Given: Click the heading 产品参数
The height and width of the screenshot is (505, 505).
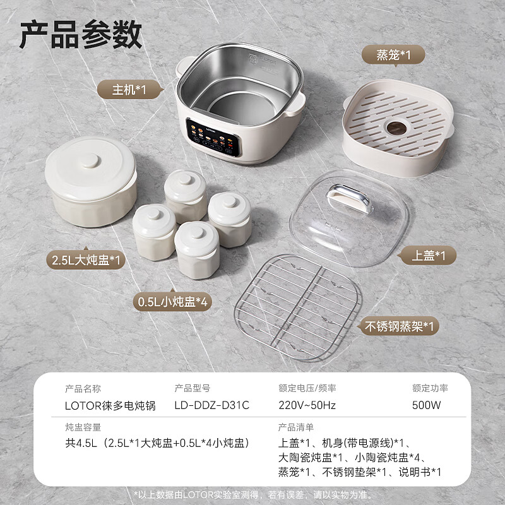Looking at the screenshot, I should pyautogui.click(x=80, y=35).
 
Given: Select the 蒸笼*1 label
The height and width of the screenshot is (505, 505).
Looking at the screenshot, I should pyautogui.click(x=394, y=56).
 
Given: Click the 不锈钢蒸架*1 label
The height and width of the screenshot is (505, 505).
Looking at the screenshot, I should pyautogui.click(x=399, y=326).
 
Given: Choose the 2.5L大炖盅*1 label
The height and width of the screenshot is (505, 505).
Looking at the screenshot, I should pyautogui.click(x=87, y=259).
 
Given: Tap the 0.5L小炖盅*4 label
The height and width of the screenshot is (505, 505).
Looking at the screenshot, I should pyautogui.click(x=173, y=302).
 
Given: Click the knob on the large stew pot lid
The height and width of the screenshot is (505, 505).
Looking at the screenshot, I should pyautogui.click(x=90, y=160).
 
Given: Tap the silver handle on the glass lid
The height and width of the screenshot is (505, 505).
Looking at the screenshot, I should pyautogui.click(x=347, y=196).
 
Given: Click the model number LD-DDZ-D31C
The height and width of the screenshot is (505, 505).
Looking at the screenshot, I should pyautogui.click(x=211, y=405).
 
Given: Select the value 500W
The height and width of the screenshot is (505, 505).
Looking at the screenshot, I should pyautogui.click(x=426, y=405).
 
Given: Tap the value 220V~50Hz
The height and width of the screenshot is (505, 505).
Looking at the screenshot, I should pyautogui.click(x=307, y=405).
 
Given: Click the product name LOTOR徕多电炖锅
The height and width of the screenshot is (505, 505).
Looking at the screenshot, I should pyautogui.click(x=110, y=405).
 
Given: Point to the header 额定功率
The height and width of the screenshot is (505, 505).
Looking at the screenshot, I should pyautogui.click(x=430, y=388).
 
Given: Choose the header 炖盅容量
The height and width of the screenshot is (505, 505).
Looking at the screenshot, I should pyautogui.click(x=83, y=427).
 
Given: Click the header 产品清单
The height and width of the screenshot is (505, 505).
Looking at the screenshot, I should pyautogui.click(x=296, y=427).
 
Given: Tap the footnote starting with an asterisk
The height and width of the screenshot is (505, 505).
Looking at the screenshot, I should pyautogui.click(x=252, y=494).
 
